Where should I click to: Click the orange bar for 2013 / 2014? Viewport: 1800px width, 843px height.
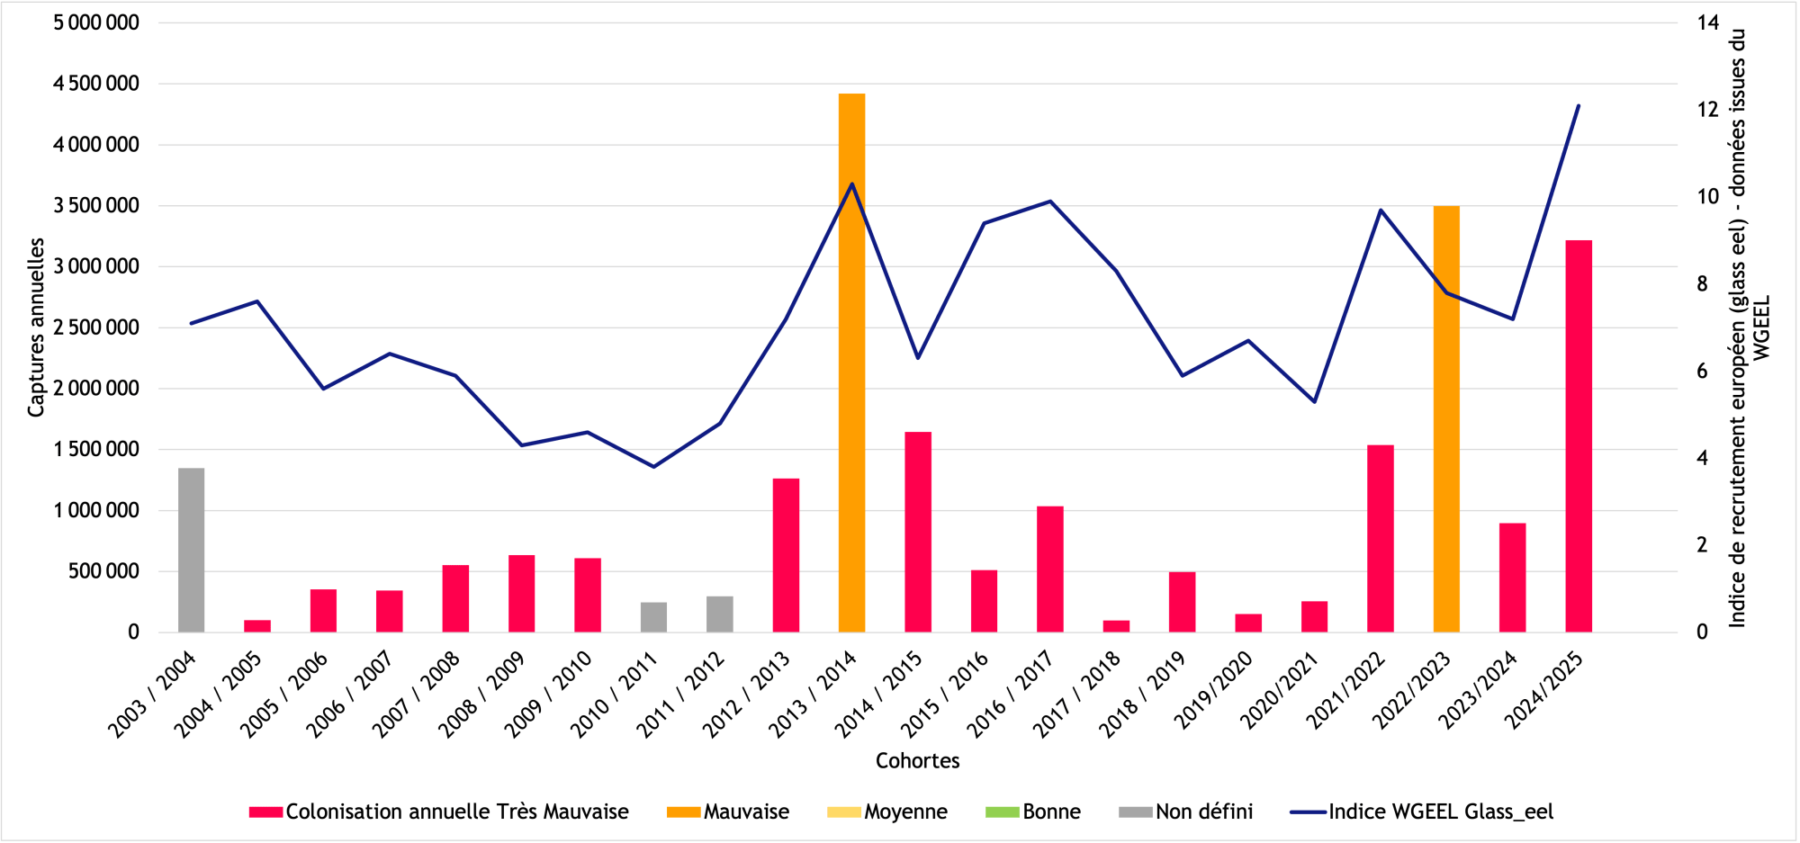851,363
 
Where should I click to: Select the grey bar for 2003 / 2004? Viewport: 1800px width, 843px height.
191,550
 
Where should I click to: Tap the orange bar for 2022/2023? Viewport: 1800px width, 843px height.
1446,418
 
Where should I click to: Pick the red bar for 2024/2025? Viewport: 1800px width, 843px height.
1579,436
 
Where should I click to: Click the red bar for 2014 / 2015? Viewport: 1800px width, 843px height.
918,532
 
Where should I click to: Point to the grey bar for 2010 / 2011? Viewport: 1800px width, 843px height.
653,617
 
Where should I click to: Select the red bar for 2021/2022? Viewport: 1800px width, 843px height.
1381,538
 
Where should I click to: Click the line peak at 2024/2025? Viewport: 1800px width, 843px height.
1579,105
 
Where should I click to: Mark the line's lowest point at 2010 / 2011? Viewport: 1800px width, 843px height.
653,467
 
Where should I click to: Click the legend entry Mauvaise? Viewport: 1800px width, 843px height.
728,812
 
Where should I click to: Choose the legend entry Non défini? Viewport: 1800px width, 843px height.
1186,812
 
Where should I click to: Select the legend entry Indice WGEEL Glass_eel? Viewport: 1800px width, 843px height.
1422,812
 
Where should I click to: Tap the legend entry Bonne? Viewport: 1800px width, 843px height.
1033,812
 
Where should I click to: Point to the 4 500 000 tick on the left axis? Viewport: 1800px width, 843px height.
96,84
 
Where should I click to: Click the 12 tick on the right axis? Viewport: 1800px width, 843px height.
1708,109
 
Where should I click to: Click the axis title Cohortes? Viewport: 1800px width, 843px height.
917,761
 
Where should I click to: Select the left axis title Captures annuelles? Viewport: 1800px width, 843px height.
36,327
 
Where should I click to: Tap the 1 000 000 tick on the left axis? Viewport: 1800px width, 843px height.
96,510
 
